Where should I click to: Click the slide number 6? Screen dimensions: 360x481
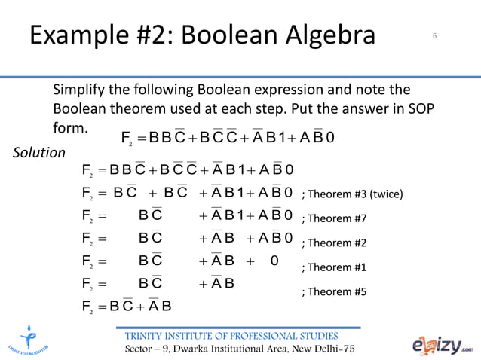[x=435, y=35]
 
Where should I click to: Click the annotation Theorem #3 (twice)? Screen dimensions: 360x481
[x=352, y=194]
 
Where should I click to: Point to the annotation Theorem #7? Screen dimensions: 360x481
[x=332, y=219]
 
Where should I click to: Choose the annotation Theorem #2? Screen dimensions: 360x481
[x=332, y=243]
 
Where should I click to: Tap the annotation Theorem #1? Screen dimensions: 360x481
[x=332, y=267]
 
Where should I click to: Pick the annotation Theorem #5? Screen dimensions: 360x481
[x=332, y=291]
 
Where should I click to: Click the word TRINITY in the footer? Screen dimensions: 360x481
[x=149, y=335]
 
